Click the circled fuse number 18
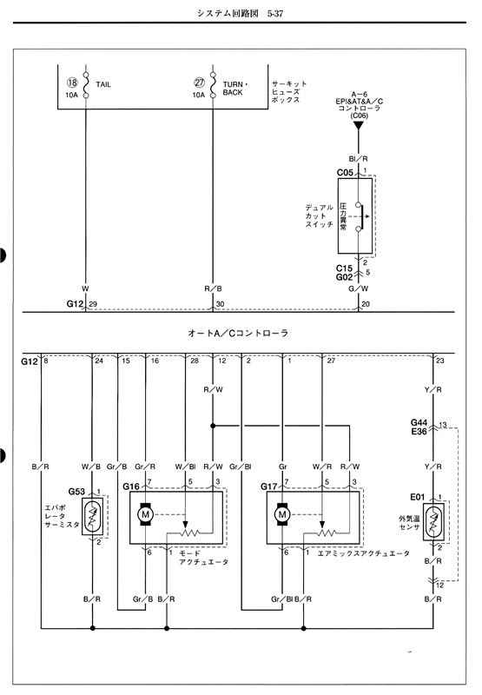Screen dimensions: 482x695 tap(72, 83)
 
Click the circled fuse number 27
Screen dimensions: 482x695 tap(200, 83)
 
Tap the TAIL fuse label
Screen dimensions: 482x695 tap(103, 84)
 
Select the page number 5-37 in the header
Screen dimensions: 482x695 tap(275, 13)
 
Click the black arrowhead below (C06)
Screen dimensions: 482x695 tap(359, 125)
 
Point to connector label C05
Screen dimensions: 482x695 tap(345, 172)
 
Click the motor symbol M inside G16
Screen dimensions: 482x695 tap(145, 514)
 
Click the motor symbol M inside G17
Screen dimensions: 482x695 tap(282, 514)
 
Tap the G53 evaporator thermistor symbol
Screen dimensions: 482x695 tap(93, 516)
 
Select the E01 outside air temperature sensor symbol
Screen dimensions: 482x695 tap(433, 521)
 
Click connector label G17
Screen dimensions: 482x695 tap(269, 486)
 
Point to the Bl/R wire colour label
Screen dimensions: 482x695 tap(359, 159)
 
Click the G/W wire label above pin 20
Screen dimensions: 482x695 tap(359, 288)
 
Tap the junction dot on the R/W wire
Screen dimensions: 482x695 tap(213, 426)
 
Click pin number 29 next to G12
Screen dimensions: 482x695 tap(93, 304)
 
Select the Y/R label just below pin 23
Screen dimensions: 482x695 tap(433, 389)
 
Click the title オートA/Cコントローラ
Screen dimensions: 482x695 tap(238, 333)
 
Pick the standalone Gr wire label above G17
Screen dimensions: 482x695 tap(282, 467)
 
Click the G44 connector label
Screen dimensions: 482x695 tap(419, 422)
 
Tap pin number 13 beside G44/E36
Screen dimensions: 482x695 tap(443, 425)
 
